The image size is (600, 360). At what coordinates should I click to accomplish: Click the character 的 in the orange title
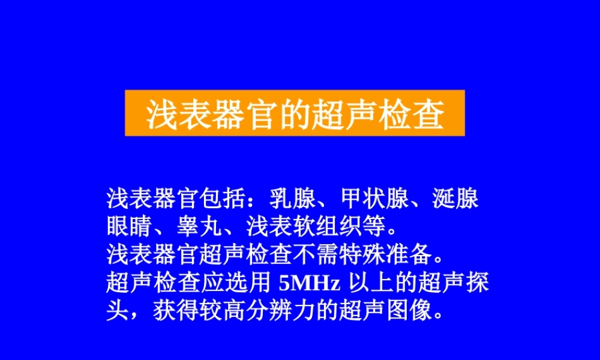tap(295, 113)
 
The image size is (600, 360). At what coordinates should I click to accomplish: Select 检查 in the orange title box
tap(412, 113)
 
